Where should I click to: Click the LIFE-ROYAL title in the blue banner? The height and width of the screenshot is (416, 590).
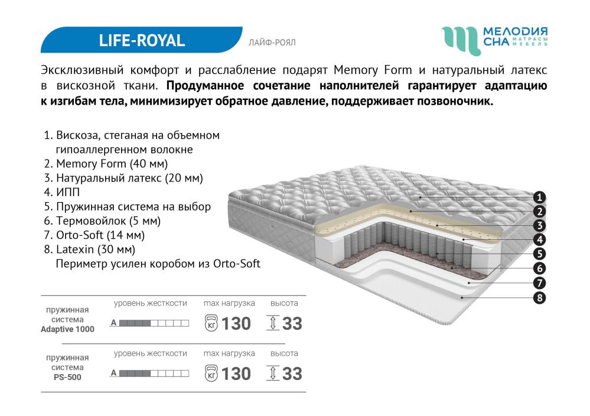pyautogui.click(x=142, y=40)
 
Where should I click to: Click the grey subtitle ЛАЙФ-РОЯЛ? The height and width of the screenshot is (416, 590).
pyautogui.click(x=272, y=43)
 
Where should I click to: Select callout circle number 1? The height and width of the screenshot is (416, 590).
pyautogui.click(x=539, y=197)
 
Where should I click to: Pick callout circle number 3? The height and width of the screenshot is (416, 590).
pyautogui.click(x=539, y=226)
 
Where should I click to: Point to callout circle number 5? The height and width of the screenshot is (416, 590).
pyautogui.click(x=539, y=253)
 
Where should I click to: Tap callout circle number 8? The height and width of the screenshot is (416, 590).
pyautogui.click(x=539, y=298)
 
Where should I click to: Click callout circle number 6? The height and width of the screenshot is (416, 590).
pyautogui.click(x=539, y=268)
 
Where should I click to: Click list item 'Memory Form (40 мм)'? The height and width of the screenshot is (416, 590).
pyautogui.click(x=106, y=164)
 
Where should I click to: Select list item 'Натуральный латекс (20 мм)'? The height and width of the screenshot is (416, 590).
pyautogui.click(x=123, y=178)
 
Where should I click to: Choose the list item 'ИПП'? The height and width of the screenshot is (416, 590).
pyautogui.click(x=61, y=192)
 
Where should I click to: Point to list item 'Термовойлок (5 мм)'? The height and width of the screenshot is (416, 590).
pyautogui.click(x=102, y=221)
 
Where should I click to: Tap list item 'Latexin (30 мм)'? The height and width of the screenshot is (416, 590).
pyautogui.click(x=90, y=249)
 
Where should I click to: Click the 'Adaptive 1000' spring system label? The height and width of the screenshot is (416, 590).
pyautogui.click(x=67, y=329)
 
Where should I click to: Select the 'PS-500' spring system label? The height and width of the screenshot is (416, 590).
pyautogui.click(x=67, y=377)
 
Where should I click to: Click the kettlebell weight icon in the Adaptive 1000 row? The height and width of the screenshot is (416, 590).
pyautogui.click(x=211, y=323)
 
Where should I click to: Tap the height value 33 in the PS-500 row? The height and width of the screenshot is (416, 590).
pyautogui.click(x=292, y=374)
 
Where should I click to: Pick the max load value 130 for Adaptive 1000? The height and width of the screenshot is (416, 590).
pyautogui.click(x=236, y=324)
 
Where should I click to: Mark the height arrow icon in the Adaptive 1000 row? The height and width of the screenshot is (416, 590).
pyautogui.click(x=273, y=323)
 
